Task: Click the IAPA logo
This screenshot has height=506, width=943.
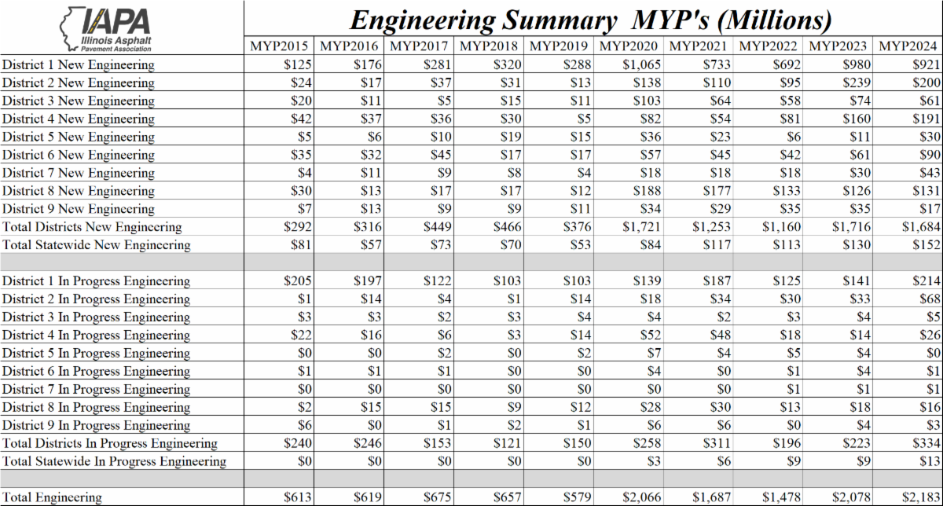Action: (107, 28)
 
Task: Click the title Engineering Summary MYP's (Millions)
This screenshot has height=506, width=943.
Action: (590, 19)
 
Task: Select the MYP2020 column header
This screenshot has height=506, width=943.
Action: (628, 46)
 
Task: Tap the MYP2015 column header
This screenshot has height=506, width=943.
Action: (280, 46)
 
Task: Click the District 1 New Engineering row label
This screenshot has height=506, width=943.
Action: (79, 64)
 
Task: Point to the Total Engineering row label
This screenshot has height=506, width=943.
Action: (52, 497)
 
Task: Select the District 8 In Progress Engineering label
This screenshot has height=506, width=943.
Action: (96, 408)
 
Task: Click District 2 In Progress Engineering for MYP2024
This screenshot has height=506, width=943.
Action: (927, 299)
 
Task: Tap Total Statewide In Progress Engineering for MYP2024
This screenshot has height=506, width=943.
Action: (927, 462)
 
